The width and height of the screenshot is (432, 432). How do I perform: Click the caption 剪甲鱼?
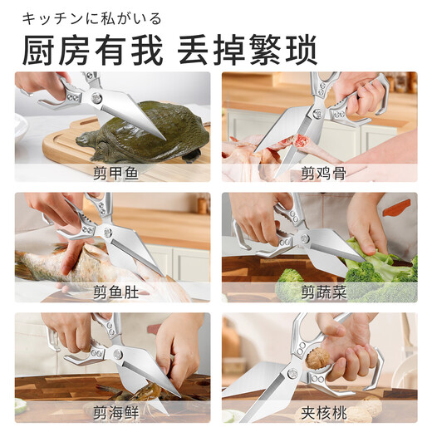point(112,173)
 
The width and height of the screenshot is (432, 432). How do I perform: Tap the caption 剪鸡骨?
point(320,173)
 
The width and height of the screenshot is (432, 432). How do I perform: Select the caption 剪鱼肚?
point(112,292)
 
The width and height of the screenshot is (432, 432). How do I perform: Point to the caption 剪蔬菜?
point(320,292)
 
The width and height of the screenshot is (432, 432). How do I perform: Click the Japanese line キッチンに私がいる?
point(91,18)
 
